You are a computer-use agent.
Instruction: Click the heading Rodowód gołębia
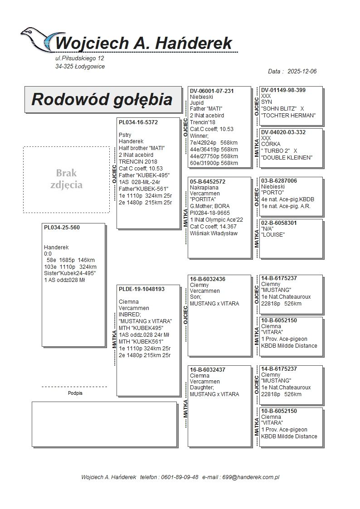click(102, 99)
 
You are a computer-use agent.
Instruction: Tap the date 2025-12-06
click(302, 72)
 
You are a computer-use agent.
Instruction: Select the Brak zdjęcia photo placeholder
click(66, 179)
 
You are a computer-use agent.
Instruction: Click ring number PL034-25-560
click(62, 228)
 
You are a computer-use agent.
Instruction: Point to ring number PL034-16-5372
click(138, 122)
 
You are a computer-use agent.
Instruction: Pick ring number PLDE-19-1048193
click(141, 289)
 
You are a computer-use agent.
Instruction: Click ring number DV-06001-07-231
click(212, 91)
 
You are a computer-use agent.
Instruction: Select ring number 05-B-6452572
click(208, 182)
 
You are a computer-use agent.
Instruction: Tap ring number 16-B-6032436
click(208, 279)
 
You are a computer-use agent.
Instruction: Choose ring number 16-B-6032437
click(208, 370)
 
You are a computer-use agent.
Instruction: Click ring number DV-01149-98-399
click(283, 90)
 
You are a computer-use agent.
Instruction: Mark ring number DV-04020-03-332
click(283, 132)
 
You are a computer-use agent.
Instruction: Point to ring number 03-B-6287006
click(279, 181)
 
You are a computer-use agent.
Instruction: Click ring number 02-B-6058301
click(279, 223)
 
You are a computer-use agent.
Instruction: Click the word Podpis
click(75, 393)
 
